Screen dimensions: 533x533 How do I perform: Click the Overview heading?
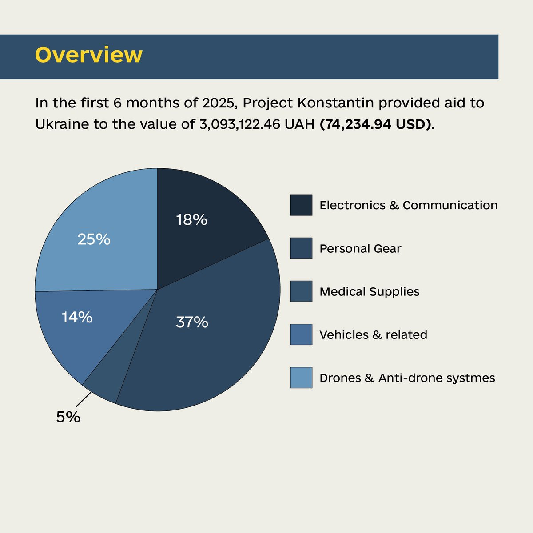coord(89,55)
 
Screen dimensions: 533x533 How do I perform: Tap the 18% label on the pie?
coord(191,219)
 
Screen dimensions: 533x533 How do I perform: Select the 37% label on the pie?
coord(192,322)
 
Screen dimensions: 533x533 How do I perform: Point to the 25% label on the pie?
coord(94,239)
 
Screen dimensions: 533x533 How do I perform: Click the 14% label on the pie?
coord(77,317)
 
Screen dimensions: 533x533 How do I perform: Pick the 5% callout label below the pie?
coord(68,417)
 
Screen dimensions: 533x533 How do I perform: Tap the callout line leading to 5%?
coord(84,399)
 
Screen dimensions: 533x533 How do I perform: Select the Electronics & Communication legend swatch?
coord(301,205)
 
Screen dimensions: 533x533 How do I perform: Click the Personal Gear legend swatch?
coord(301,248)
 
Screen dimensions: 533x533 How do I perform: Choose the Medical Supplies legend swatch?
coord(301,291)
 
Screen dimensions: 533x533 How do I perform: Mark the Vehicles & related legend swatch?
coord(301,334)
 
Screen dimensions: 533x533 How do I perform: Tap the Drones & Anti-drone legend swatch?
coord(301,378)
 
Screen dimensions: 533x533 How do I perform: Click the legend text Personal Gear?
coord(360,249)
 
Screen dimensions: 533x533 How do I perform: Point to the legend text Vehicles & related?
coord(373,334)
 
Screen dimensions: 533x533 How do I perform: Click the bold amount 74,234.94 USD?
coord(376,124)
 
